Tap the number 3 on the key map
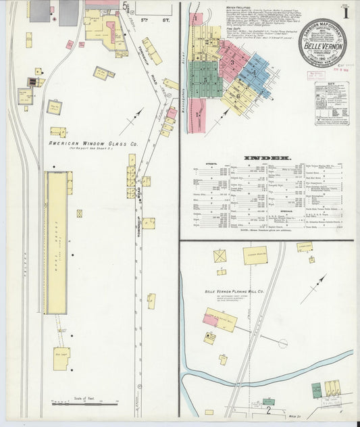coord(232,63)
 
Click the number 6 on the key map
coord(238,95)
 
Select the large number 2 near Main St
coord(268,409)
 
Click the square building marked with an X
coord(220,256)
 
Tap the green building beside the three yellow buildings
coord(316,390)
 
